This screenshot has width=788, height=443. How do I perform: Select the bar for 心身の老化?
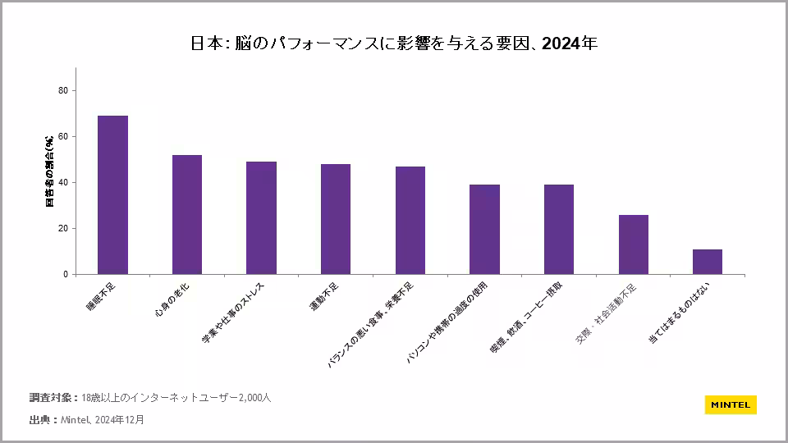pyautogui.click(x=187, y=215)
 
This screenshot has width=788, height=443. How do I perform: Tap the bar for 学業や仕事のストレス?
pyautogui.click(x=261, y=218)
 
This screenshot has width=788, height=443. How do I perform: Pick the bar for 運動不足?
pyautogui.click(x=336, y=219)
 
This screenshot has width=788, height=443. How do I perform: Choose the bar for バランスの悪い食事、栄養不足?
pyautogui.click(x=410, y=221)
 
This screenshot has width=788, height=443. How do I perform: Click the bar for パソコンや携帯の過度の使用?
pyautogui.click(x=484, y=230)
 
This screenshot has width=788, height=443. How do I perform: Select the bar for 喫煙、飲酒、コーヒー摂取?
pyautogui.click(x=559, y=230)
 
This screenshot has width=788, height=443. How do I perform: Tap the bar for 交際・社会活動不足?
pyautogui.click(x=634, y=244)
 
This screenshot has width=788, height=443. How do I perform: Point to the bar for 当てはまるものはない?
pyautogui.click(x=708, y=262)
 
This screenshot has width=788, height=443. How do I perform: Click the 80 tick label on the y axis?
pyautogui.click(x=63, y=90)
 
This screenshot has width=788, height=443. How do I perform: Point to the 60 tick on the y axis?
pyautogui.click(x=63, y=136)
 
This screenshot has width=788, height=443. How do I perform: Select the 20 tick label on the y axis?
pyautogui.click(x=63, y=228)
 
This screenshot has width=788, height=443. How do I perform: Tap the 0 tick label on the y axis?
pyautogui.click(x=66, y=274)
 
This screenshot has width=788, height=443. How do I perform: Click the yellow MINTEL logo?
pyautogui.click(x=731, y=404)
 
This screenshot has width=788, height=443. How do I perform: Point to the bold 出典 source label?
pyautogui.click(x=39, y=420)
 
